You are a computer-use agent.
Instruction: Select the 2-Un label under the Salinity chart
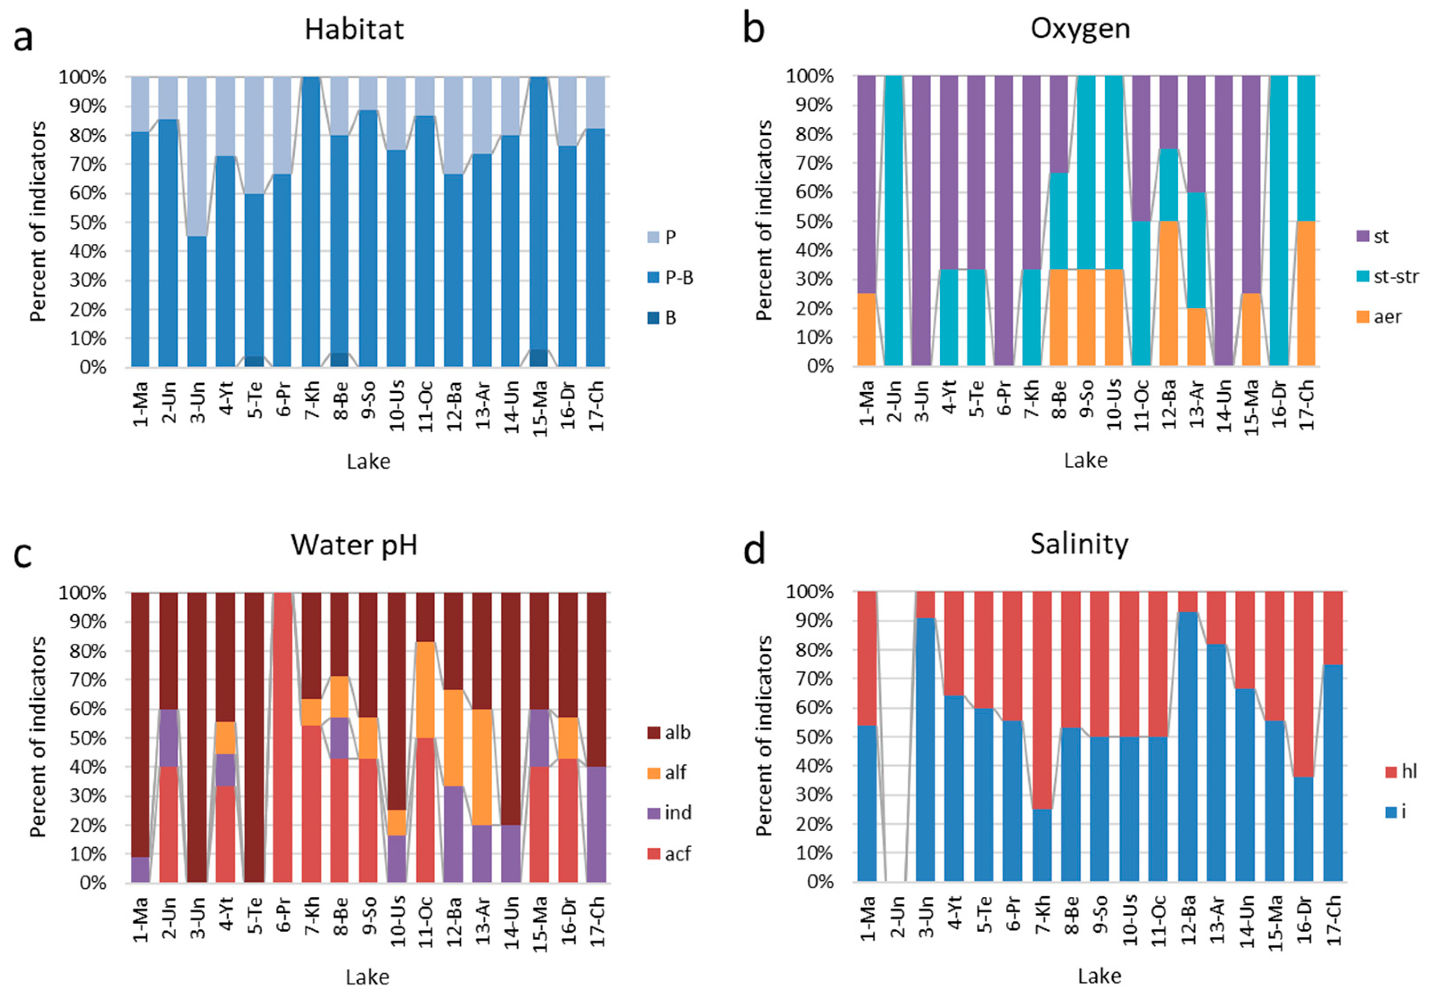point(896,917)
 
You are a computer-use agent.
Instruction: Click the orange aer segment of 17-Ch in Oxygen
point(1306,292)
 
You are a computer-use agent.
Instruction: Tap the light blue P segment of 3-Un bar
point(197,156)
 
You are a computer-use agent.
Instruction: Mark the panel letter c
point(23,554)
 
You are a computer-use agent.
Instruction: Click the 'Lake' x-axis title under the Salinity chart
point(1099,976)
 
